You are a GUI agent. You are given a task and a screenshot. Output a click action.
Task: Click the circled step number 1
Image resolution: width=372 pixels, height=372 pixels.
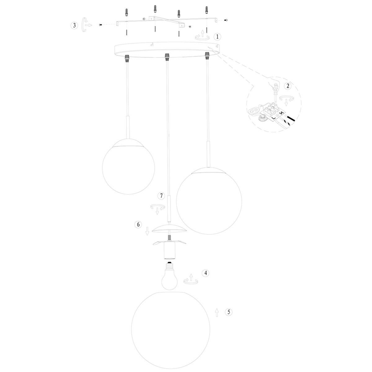point(217,37)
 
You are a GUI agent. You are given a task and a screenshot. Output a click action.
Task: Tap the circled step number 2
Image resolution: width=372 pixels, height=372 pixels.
point(288,86)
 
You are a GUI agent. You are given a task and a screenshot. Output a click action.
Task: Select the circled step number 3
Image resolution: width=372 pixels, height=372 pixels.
point(74,25)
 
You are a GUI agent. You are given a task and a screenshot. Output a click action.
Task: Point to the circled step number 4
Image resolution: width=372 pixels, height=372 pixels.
point(206,273)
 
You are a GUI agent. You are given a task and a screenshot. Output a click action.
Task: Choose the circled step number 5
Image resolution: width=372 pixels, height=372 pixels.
point(229,312)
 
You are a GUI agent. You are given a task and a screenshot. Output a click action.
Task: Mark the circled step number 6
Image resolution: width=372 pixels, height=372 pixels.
point(138,225)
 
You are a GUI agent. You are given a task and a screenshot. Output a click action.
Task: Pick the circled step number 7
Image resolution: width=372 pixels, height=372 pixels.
point(161,196)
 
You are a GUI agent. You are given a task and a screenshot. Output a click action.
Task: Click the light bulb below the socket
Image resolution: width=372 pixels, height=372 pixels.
point(170,276)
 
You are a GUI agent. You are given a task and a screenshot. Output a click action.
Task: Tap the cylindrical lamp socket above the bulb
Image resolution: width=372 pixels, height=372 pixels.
point(169,251)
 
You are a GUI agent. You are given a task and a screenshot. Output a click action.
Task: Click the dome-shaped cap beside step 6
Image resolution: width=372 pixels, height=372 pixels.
point(169,228)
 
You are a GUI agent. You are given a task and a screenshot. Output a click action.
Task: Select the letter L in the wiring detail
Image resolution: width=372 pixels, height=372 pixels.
point(273,117)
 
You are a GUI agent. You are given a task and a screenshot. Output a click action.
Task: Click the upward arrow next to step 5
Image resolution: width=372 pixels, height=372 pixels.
point(217,313)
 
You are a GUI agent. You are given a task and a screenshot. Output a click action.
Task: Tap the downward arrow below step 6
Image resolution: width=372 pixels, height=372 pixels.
point(147,231)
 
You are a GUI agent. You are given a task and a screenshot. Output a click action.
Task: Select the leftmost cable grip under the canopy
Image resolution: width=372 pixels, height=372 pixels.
point(127,57)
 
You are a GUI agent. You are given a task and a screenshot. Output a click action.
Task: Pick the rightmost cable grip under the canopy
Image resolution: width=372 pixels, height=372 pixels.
point(207,56)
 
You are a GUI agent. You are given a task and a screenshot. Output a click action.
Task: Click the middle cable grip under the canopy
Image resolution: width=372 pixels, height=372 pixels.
point(167,56)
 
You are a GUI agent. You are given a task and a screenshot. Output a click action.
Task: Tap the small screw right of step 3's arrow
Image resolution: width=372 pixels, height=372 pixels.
point(100,25)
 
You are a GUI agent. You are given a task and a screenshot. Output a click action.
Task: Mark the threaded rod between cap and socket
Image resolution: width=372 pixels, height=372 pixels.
point(169,238)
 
